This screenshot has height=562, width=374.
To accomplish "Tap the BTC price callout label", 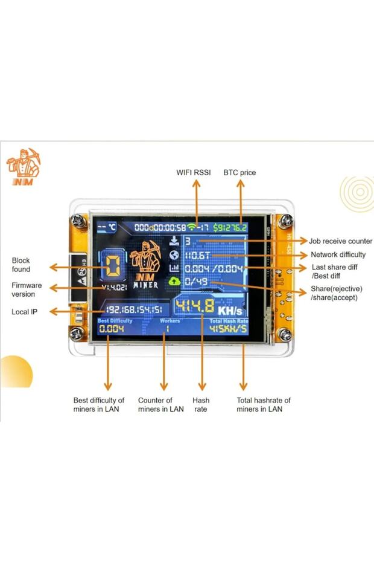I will point(239,173).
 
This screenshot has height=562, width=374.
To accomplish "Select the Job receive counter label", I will point(340,241).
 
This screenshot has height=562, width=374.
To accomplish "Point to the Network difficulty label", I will point(338,255).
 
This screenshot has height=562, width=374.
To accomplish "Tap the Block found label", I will point(21,265).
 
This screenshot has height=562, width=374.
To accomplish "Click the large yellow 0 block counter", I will point(112,266).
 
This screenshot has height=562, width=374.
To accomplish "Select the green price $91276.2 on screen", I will point(230,228).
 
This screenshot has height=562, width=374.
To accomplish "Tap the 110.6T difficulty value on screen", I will point(197,255).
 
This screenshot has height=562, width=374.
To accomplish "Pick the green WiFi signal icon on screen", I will point(192,227).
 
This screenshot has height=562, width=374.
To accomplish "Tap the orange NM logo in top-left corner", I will point(23,167).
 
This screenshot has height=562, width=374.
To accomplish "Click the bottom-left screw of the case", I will point(77,333).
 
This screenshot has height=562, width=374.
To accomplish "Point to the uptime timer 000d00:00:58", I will point(159,227).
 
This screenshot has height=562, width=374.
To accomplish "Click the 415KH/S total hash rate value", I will point(229,329).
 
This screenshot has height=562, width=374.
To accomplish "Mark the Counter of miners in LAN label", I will point(160,405).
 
